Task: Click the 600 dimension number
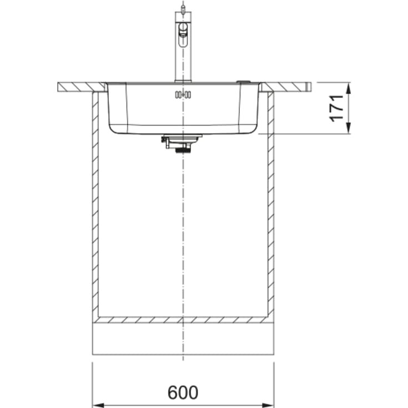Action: [183, 392]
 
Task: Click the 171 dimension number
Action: [336, 108]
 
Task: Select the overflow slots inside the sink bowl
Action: [183, 95]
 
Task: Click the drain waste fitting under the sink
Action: [182, 143]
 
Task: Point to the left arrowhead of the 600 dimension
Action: [98, 405]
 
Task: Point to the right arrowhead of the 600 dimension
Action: [268, 405]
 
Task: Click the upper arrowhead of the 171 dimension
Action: [349, 88]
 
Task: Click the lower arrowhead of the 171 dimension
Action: [349, 128]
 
